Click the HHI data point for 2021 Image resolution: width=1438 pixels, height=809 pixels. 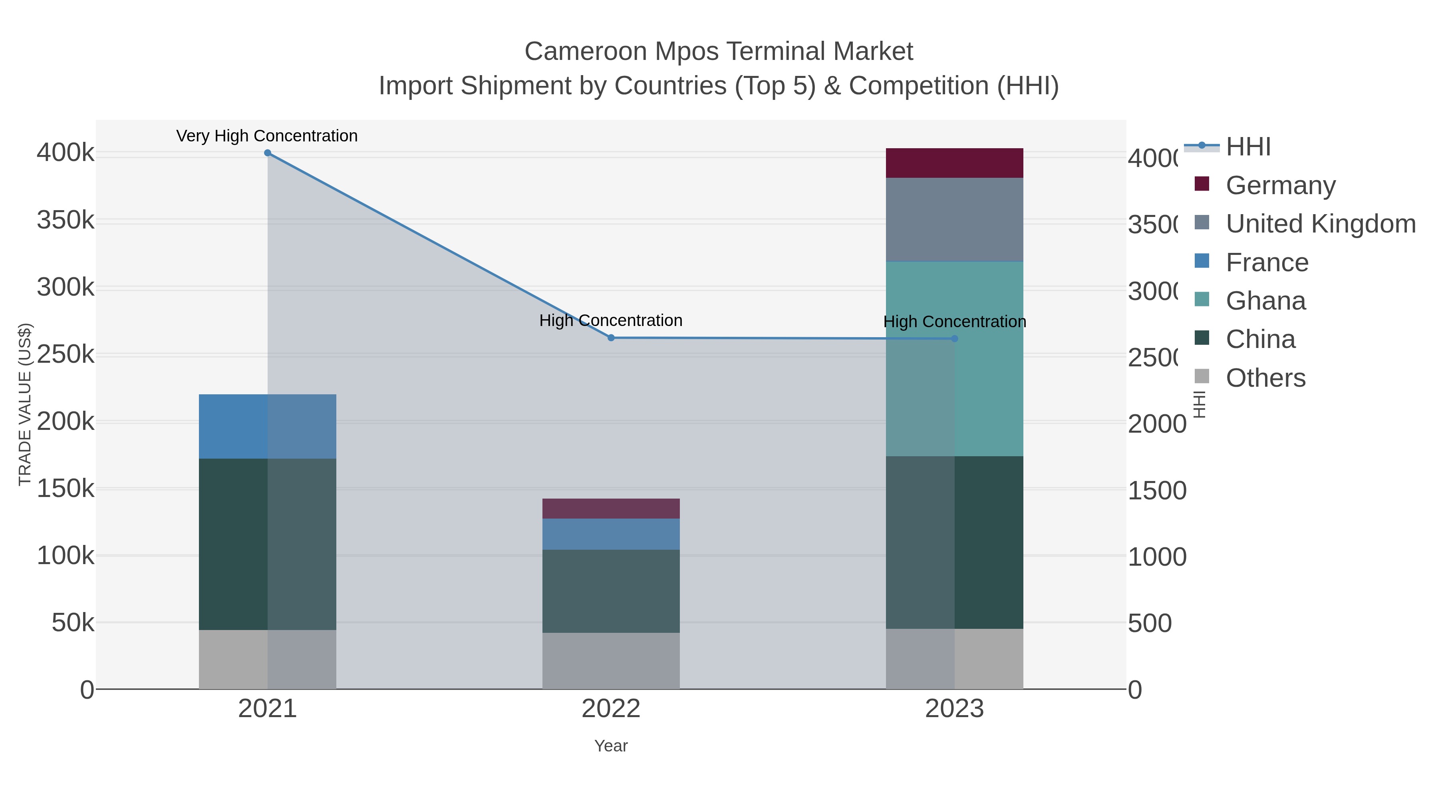[267, 153]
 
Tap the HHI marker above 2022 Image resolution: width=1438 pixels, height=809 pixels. [611, 338]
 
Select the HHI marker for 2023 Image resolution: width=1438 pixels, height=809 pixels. [954, 338]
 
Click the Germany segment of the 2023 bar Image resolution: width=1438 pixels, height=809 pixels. [954, 163]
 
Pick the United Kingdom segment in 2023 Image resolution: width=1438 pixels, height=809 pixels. [954, 219]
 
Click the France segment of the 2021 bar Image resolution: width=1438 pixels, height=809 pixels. [267, 427]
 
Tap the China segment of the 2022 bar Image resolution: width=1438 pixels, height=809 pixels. [611, 591]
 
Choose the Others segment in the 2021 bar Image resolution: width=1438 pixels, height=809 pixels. [267, 659]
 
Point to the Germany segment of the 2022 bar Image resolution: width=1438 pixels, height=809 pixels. [611, 509]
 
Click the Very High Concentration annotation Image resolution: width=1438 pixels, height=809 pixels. [267, 136]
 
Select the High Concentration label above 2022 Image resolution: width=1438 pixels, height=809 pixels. [611, 320]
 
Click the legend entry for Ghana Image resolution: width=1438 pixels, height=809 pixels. [1265, 301]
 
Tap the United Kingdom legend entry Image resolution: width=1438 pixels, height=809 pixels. [1320, 224]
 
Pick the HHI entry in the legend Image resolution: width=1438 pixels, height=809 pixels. [1248, 147]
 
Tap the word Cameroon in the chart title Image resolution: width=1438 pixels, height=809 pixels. [586, 52]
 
